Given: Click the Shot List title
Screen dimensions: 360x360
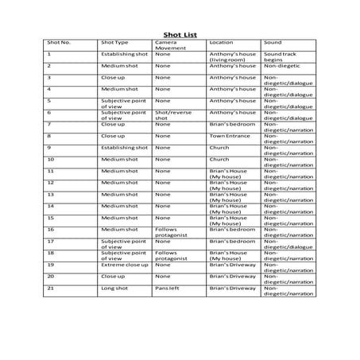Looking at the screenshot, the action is pos(180,36).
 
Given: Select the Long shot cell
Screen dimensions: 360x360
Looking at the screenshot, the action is pos(114,288).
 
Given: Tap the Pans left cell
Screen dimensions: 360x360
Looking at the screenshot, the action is pos(166,288).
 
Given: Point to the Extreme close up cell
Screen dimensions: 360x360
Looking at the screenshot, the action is pos(123,264).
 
